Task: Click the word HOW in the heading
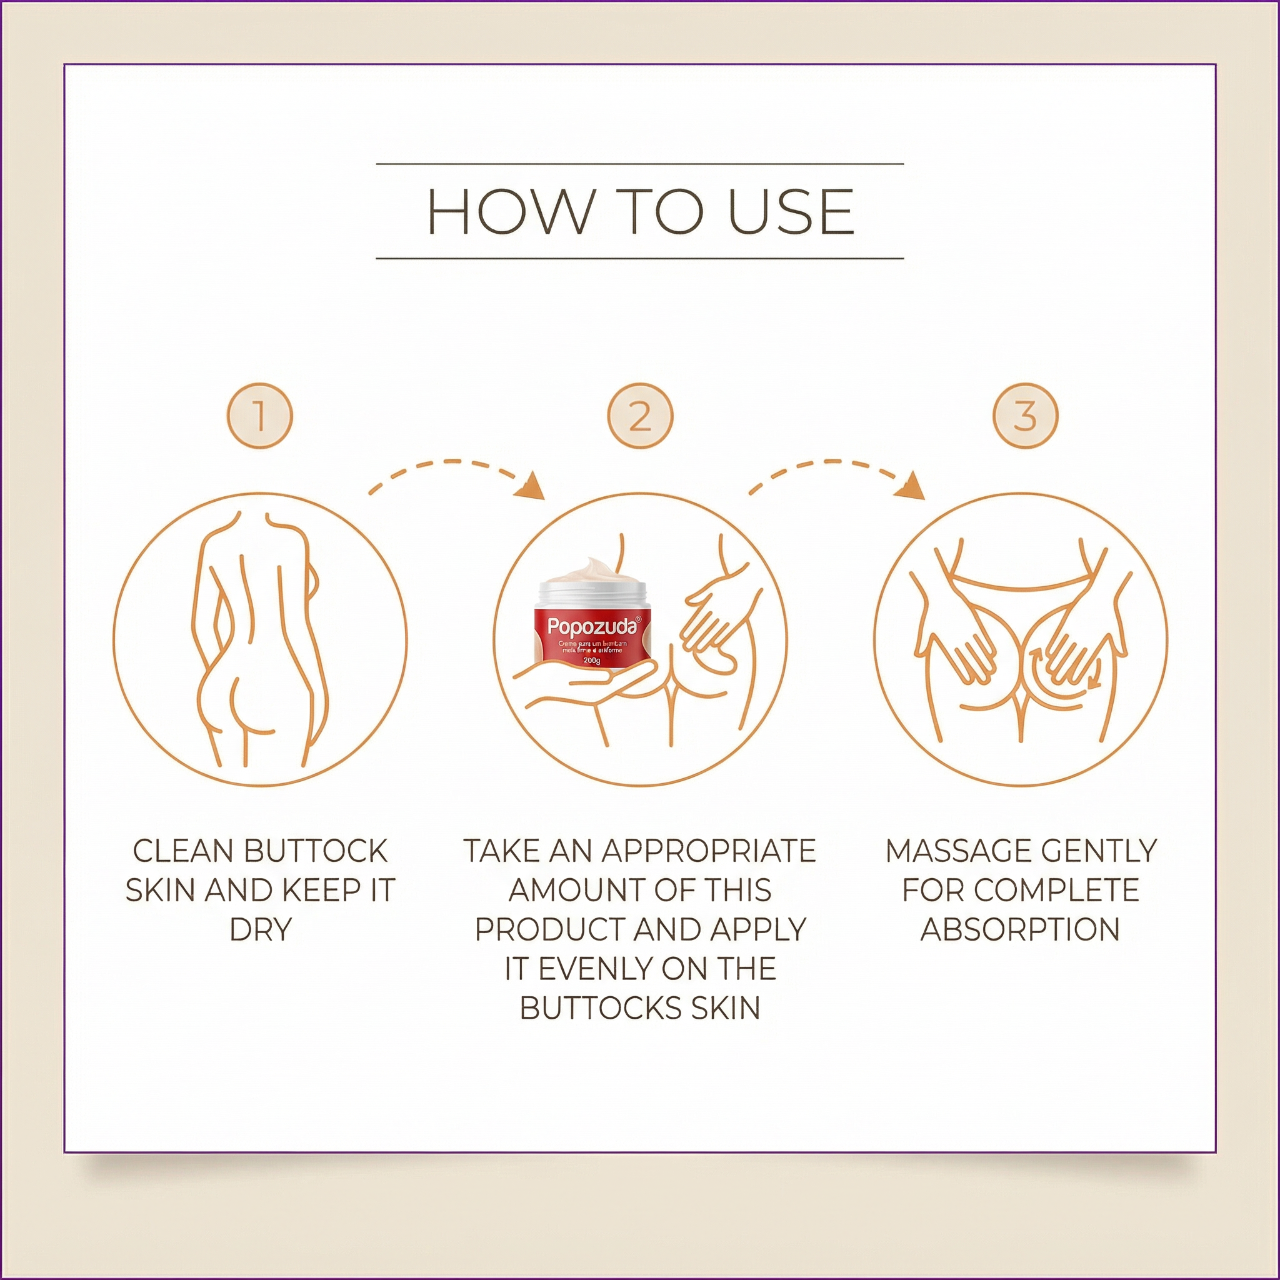[509, 211]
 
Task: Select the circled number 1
[260, 416]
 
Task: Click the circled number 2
[640, 416]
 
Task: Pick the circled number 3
[1025, 416]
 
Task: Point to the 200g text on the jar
[591, 661]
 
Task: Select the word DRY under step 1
[261, 929]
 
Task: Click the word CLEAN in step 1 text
[184, 851]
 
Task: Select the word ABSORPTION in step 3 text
[1020, 929]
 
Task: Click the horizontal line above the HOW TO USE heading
[639, 163]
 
